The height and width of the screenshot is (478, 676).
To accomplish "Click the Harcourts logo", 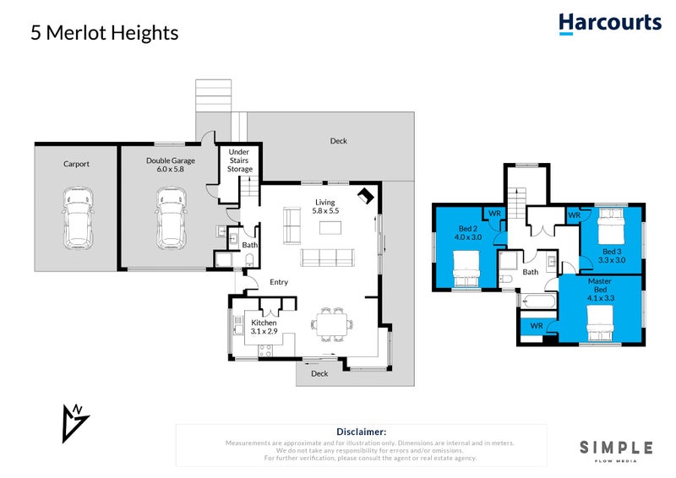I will click(609, 23).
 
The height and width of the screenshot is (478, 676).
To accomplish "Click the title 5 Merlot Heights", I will click(105, 33).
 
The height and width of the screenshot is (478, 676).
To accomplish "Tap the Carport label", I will click(76, 164).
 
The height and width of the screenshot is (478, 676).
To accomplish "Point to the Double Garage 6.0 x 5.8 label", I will click(170, 165).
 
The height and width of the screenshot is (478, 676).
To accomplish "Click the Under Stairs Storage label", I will click(240, 160).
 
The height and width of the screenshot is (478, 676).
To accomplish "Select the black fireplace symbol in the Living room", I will click(365, 196).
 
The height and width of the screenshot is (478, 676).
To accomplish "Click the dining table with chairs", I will click(330, 321).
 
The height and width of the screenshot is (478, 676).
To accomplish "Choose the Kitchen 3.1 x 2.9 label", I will click(263, 328).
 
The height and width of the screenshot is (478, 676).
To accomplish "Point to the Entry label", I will click(279, 282).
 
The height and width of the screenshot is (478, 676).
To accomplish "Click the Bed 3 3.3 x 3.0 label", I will click(614, 256).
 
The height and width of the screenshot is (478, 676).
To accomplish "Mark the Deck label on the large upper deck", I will click(338, 141).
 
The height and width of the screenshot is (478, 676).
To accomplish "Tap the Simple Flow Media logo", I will click(615, 450).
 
